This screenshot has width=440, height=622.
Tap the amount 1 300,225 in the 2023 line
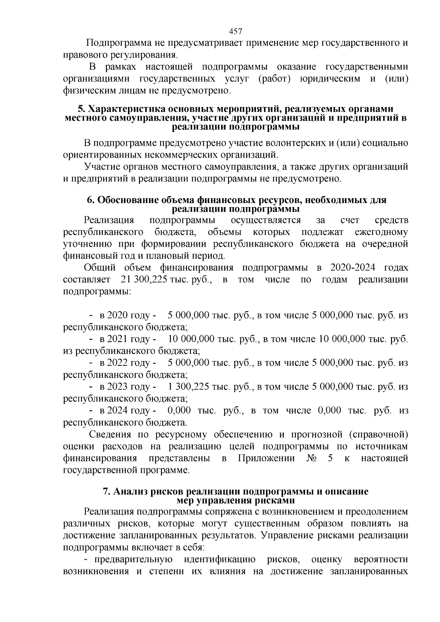point(188,387)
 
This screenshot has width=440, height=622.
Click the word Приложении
point(266,458)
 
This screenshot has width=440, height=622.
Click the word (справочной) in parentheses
point(378,435)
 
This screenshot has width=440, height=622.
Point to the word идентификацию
point(220,560)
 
